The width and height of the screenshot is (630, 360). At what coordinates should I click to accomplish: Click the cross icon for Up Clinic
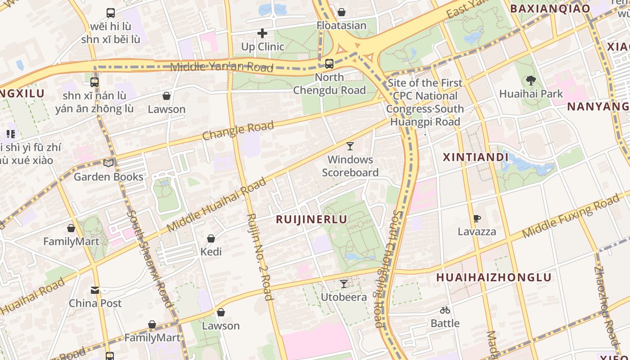click(x=262, y=33)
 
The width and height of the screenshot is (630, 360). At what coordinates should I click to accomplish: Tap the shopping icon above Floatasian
click(x=342, y=12)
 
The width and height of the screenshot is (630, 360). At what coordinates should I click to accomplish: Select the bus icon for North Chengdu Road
click(x=329, y=64)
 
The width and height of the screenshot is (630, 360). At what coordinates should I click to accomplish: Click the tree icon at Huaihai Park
click(x=531, y=81)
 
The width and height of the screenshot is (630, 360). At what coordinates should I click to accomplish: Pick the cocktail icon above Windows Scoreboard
click(x=350, y=146)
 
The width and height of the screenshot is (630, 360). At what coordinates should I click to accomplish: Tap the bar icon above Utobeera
click(x=344, y=284)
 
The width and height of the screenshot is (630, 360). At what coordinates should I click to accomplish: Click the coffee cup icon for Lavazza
click(x=477, y=219)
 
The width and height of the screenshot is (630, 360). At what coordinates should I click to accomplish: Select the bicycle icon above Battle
click(x=445, y=310)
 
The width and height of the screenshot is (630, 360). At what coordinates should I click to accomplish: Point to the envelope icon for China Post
click(x=95, y=290)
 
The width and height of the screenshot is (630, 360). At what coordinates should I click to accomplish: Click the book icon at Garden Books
click(x=108, y=163)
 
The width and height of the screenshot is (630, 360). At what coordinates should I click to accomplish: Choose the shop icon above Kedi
click(x=211, y=238)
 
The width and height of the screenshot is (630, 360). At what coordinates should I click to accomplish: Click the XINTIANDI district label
click(x=476, y=157)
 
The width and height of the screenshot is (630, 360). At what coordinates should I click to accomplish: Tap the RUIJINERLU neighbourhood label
click(x=311, y=220)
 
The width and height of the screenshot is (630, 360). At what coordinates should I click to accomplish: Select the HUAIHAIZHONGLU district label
click(x=494, y=277)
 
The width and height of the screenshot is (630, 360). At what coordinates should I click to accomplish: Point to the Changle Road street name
click(x=238, y=130)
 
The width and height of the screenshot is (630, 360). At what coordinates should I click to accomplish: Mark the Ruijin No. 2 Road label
click(x=260, y=256)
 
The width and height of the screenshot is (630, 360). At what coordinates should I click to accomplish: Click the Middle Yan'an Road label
click(x=222, y=67)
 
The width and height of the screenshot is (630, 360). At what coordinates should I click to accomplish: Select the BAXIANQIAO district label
click(x=549, y=9)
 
